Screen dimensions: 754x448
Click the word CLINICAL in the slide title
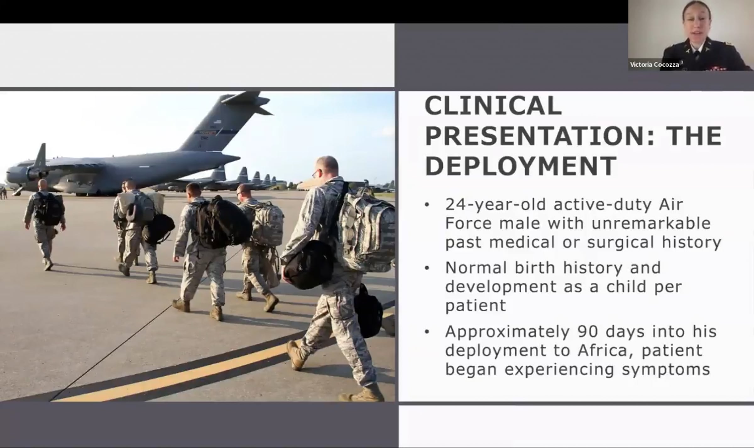pyautogui.click(x=493, y=106)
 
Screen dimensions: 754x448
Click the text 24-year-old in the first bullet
pyautogui.click(x=496, y=205)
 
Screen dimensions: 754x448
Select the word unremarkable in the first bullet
pyautogui.click(x=651, y=224)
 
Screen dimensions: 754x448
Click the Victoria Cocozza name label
pyautogui.click(x=654, y=64)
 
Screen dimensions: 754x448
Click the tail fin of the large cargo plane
pyautogui.click(x=225, y=121)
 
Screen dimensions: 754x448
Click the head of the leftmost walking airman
pyautogui.click(x=42, y=184)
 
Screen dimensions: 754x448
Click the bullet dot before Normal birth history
pyautogui.click(x=427, y=268)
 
